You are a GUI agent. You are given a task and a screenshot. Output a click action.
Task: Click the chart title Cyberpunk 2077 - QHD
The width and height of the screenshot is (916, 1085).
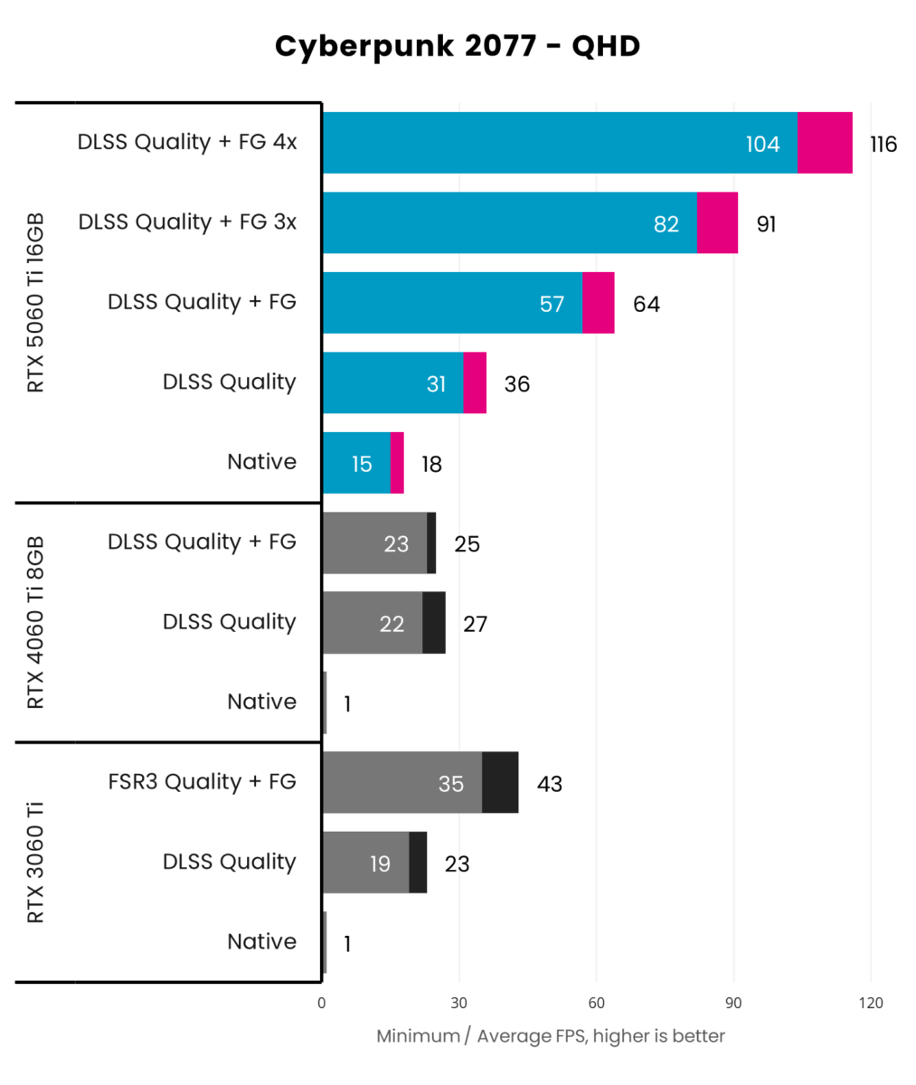point(458,46)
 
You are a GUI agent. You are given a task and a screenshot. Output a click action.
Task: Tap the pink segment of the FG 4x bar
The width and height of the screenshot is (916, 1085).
point(825,143)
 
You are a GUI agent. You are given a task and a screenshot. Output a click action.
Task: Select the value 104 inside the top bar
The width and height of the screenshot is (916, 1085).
point(762,144)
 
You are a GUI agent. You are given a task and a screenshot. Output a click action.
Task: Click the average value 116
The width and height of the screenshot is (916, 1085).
point(883,144)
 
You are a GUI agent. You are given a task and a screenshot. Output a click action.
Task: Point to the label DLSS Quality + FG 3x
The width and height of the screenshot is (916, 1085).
point(187,222)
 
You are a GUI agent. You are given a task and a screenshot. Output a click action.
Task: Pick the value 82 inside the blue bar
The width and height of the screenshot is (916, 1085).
point(666,224)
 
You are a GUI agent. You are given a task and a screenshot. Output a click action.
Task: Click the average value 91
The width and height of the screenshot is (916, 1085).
point(766,224)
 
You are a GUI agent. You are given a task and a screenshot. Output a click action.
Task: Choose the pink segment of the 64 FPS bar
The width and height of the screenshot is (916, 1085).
point(598,303)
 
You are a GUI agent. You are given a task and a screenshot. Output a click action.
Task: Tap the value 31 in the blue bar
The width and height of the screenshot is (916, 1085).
point(437,384)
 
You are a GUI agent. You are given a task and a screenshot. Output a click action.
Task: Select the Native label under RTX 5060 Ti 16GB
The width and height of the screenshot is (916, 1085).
point(261,462)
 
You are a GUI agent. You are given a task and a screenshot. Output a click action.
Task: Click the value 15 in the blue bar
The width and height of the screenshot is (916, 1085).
point(362,465)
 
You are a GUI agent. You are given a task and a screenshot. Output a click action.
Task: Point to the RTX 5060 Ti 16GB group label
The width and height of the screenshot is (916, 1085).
point(36,303)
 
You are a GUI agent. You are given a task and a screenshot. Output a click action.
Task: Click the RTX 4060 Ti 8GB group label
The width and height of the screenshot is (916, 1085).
point(36,623)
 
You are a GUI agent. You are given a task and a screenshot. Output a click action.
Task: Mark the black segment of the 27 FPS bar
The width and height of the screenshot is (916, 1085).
point(434,623)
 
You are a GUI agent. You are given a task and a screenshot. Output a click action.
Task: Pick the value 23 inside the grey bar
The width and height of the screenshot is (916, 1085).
point(396,544)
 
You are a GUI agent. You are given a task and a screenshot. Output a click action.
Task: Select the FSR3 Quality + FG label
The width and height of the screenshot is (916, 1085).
point(201,782)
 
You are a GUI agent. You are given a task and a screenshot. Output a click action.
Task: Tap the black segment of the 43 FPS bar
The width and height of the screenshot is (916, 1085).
point(500,783)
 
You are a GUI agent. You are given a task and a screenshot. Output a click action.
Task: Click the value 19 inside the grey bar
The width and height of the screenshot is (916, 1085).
point(380,864)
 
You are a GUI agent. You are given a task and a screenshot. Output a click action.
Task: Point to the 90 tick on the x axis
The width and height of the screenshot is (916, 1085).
point(733,1003)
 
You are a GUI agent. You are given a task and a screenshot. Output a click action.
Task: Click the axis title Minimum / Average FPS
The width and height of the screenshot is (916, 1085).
point(551,1036)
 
